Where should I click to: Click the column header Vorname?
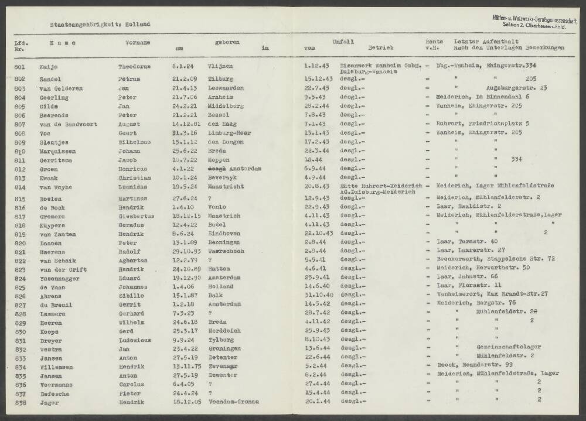point(138,43)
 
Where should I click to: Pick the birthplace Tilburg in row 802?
point(220,78)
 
